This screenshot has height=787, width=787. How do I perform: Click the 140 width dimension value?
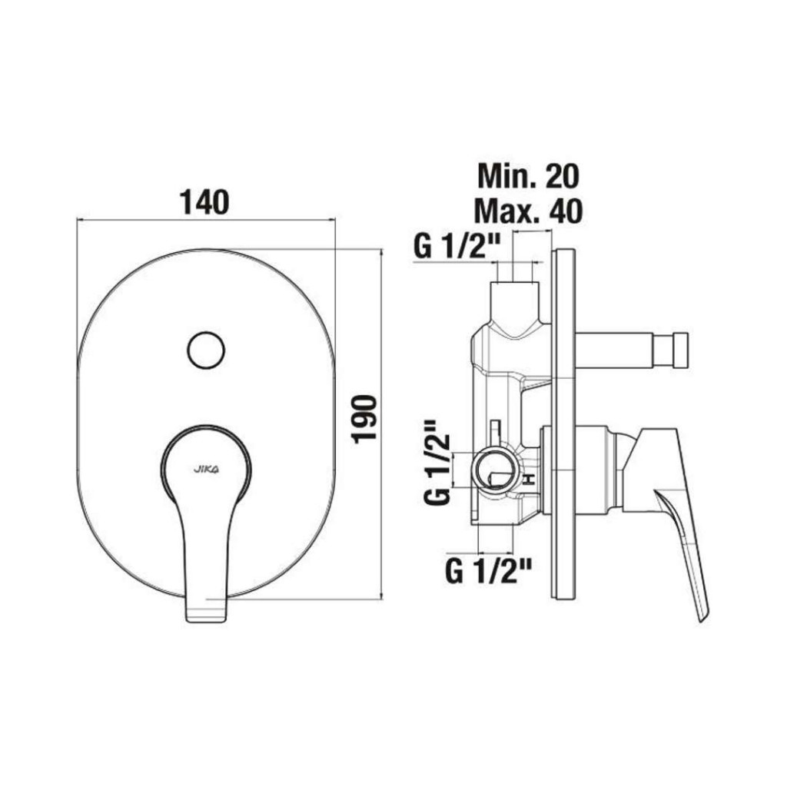(204, 202)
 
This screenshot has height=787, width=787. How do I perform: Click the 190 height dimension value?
(365, 420)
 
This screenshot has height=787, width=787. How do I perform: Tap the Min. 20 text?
(529, 176)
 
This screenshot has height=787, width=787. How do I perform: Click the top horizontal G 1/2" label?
(450, 246)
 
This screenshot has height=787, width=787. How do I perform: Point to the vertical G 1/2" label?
(437, 463)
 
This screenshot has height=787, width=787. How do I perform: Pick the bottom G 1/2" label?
(488, 571)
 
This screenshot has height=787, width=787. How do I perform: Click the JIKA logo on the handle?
(206, 470)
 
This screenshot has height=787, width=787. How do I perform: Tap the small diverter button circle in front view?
(206, 350)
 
